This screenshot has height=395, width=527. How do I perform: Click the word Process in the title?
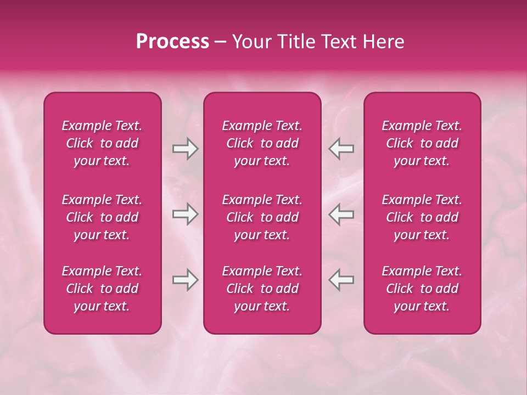(x=172, y=42)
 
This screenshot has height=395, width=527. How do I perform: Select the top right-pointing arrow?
(x=185, y=149)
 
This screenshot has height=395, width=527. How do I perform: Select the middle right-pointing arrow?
(x=185, y=215)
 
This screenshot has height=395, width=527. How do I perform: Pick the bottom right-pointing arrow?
(x=185, y=280)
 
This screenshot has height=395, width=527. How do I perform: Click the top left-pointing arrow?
(x=341, y=149)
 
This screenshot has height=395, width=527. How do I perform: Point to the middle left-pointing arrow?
(x=341, y=215)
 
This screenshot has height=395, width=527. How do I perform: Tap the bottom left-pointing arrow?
(x=341, y=280)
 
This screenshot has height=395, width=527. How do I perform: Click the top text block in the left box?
(x=102, y=143)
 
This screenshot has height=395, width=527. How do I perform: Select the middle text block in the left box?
(x=102, y=217)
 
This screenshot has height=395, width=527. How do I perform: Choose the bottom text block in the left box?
(x=102, y=289)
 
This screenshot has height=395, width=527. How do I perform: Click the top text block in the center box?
(x=262, y=143)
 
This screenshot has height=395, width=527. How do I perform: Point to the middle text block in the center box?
(x=262, y=217)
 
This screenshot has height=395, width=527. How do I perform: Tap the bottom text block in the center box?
(x=262, y=289)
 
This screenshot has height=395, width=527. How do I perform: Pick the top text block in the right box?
(x=422, y=143)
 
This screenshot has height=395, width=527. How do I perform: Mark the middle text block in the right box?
(x=422, y=217)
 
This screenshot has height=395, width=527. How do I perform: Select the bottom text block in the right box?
(x=422, y=289)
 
